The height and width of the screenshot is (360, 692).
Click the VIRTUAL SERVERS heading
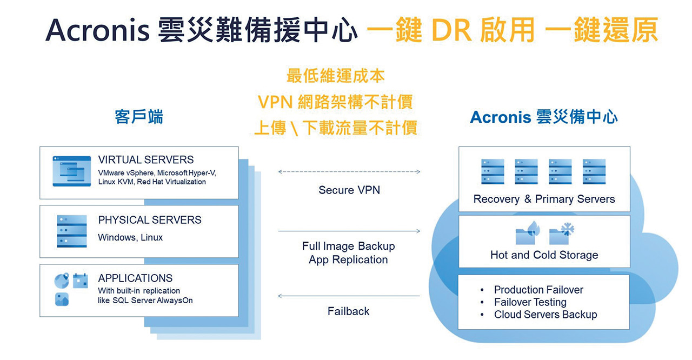(146, 159)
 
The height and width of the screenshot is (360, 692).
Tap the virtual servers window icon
(72, 171)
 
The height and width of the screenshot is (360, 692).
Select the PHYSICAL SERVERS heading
(150, 220)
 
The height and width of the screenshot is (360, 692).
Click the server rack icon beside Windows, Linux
(72, 231)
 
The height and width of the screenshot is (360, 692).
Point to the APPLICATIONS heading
(135, 278)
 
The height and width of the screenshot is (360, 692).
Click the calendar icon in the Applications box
(81, 281)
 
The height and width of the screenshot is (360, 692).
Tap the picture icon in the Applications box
(62, 299)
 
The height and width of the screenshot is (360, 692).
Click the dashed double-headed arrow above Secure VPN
(349, 172)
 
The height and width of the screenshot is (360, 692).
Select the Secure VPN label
(349, 190)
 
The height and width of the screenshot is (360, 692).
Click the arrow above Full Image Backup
(349, 231)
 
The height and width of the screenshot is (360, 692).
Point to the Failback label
(348, 311)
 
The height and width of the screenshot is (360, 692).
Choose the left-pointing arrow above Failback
(349, 296)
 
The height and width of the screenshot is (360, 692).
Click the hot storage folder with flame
(528, 233)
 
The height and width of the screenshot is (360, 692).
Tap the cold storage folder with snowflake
(562, 234)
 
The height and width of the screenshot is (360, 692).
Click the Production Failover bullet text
(538, 290)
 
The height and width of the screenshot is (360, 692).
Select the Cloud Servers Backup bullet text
(545, 314)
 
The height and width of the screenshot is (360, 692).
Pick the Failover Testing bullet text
(530, 302)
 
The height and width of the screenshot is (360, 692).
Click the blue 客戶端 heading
(139, 117)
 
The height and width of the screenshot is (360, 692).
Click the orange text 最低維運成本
(336, 76)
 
